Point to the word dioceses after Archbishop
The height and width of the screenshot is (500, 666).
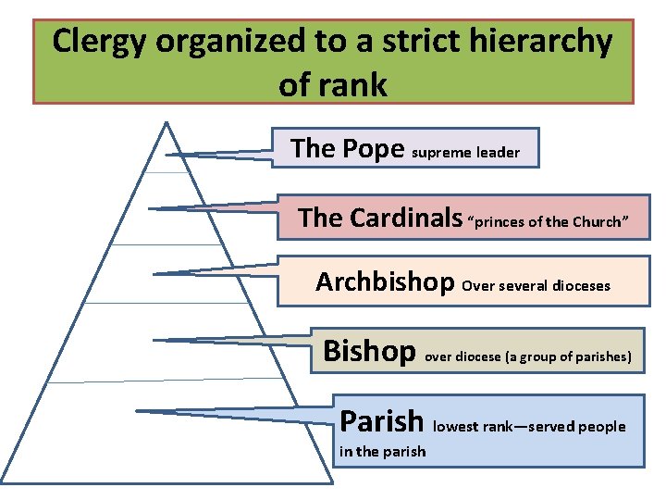[581, 285]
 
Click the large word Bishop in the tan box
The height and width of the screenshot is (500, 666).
[369, 351]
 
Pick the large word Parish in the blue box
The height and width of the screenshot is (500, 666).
[382, 421]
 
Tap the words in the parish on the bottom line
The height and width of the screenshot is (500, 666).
[383, 452]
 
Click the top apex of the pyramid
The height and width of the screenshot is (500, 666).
[166, 122]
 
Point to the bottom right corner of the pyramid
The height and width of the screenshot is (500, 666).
[332, 482]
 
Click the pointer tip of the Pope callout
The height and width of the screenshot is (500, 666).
[167, 154]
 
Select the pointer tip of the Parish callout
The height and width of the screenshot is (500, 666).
[136, 410]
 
